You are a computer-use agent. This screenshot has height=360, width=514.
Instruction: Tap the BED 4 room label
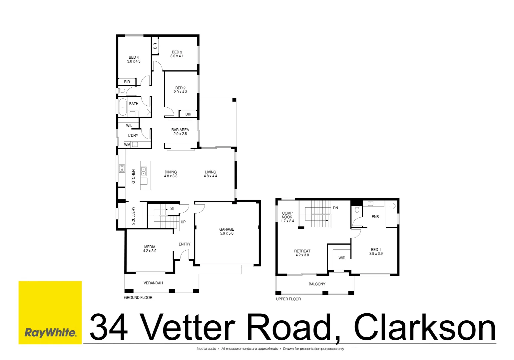tap(134, 57)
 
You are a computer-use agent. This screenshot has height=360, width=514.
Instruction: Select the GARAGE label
tap(227, 229)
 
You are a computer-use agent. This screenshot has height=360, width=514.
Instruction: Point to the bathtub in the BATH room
tap(123, 107)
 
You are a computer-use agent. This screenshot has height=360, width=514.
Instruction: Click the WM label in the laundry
tap(127, 145)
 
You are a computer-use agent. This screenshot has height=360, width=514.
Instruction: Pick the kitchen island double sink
tap(144, 171)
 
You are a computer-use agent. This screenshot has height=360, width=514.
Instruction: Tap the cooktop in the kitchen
tap(122, 168)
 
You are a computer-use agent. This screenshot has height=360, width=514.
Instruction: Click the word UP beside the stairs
tap(183, 222)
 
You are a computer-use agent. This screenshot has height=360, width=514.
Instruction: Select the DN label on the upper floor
tap(335, 208)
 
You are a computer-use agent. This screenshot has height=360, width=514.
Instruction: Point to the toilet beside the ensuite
tap(357, 210)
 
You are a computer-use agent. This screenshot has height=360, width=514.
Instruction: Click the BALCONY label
tap(317, 284)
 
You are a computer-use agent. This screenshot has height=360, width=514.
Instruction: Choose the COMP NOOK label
tap(287, 215)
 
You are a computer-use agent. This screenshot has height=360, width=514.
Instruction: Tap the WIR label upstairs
tap(342, 258)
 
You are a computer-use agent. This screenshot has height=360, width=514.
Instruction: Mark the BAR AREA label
tap(180, 130)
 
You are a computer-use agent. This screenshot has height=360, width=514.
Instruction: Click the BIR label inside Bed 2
tap(188, 114)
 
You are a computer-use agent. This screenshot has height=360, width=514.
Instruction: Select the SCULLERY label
tap(134, 216)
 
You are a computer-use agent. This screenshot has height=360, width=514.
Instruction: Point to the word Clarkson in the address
tap(425, 327)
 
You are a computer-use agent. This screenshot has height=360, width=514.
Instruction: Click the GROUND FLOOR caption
tap(138, 298)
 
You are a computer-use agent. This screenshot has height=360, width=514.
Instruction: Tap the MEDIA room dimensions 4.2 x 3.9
tap(150, 251)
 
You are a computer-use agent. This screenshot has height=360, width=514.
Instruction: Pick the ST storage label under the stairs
tap(173, 209)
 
